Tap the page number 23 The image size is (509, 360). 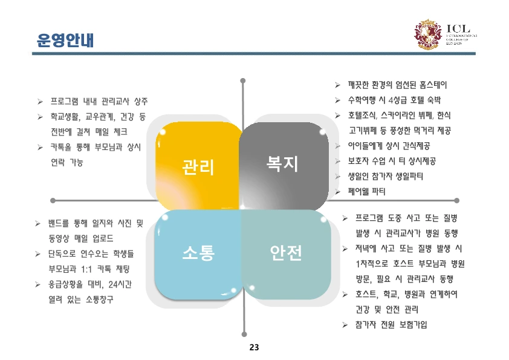254,347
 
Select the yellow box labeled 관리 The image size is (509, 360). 198,165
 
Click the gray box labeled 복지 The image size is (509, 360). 283,162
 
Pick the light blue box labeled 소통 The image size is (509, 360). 198,253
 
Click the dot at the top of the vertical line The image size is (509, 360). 243,79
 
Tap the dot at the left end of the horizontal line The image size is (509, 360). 53,200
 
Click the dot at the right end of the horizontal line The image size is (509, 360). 457,200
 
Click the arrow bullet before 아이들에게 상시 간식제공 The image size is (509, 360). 338,146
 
